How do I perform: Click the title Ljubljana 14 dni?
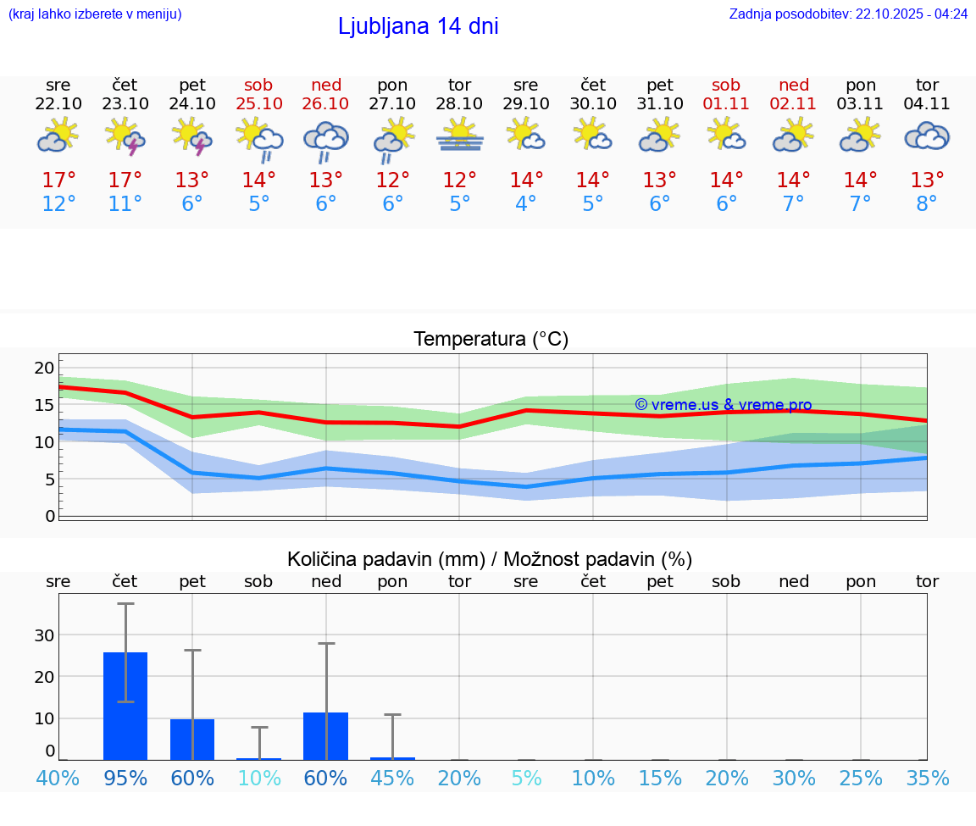click(418, 26)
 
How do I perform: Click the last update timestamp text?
click(848, 14)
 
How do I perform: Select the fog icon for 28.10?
click(460, 136)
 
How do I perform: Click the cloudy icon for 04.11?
click(927, 136)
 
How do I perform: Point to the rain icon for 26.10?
click(326, 141)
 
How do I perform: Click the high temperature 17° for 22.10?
click(58, 180)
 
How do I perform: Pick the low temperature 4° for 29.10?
click(526, 204)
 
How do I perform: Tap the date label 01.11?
click(726, 104)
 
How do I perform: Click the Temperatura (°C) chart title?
click(491, 340)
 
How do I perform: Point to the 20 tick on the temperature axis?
click(44, 368)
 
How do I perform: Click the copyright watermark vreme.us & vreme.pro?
click(723, 405)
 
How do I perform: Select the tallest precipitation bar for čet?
click(125, 706)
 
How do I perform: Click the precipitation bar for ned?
click(326, 735)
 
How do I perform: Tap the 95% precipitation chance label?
click(125, 778)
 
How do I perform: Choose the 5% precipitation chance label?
click(526, 778)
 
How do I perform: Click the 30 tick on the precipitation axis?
click(44, 635)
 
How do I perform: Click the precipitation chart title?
click(489, 559)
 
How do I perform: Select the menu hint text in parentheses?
click(95, 14)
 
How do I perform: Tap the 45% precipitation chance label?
click(392, 778)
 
